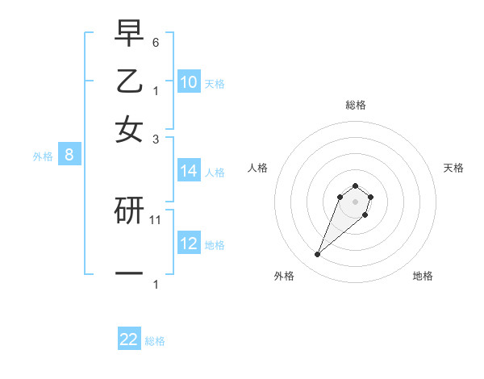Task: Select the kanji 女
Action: coord(129,130)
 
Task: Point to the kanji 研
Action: coord(129,211)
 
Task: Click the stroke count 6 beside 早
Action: coord(156,42)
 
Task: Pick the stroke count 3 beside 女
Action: coord(156,139)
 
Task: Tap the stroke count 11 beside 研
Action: coord(156,219)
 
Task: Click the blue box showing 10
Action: coord(189,82)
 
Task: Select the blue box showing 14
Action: coord(189,171)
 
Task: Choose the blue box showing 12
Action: coord(189,244)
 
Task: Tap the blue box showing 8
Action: coord(69,156)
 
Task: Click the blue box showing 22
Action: coord(129,339)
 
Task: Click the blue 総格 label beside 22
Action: coord(156,341)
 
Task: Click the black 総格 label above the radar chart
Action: coord(355,105)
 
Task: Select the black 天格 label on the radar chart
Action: coord(454,168)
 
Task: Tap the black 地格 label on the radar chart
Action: coord(423,277)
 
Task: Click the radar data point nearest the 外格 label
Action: coord(318,255)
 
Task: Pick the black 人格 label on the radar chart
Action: coord(257,168)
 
